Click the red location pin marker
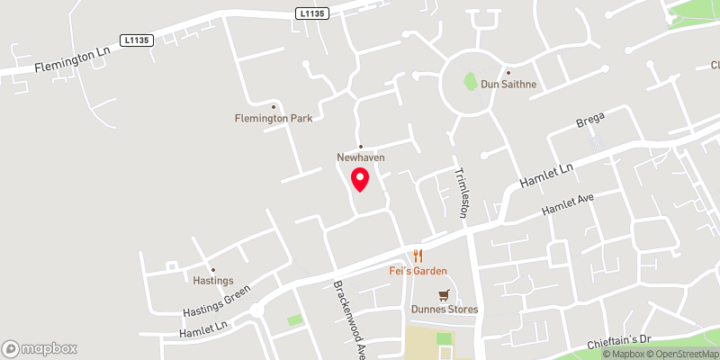[x=360, y=179]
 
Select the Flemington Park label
[x=273, y=118]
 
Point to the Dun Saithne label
[x=508, y=84]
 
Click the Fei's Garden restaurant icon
[x=418, y=256]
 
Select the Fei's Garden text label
[x=418, y=271]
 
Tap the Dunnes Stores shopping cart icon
[x=443, y=294]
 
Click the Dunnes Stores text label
[x=445, y=310]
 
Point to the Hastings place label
[x=213, y=281]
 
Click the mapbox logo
[x=40, y=348]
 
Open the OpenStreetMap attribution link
[x=685, y=353]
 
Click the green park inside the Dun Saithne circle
[x=469, y=81]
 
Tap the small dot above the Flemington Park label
[x=273, y=107]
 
